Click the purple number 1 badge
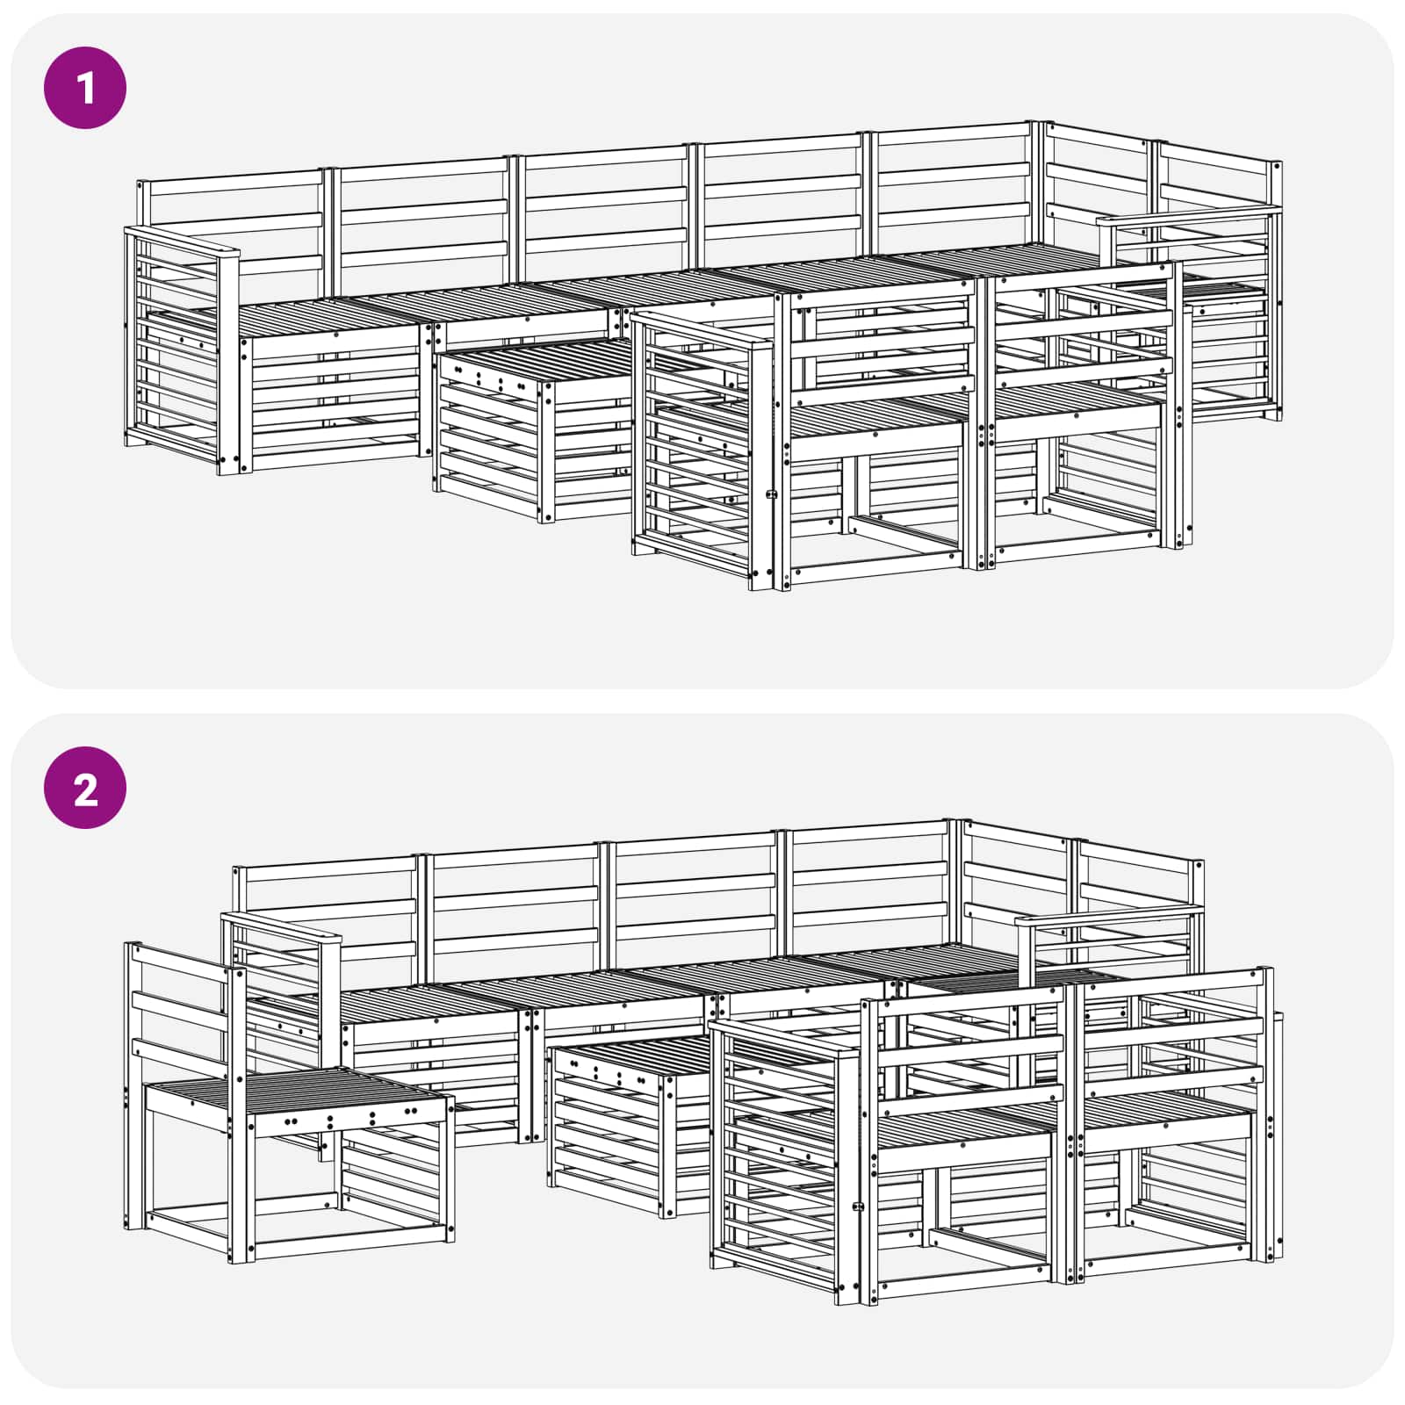click(x=85, y=88)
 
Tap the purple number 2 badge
click(x=85, y=788)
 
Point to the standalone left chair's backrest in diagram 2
click(x=180, y=1001)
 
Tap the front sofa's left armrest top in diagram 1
click(x=702, y=330)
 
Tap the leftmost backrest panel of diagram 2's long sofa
click(x=325, y=913)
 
